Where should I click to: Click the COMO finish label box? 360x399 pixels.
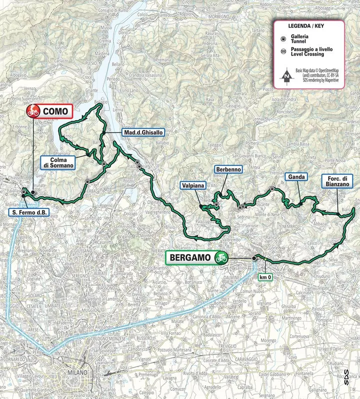tap(49, 111)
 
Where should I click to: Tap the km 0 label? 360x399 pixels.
tap(264, 276)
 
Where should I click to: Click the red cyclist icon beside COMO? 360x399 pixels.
tap(33, 111)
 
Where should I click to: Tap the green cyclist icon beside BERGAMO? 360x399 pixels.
tap(220, 258)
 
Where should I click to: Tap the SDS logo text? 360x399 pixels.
tap(346, 376)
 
